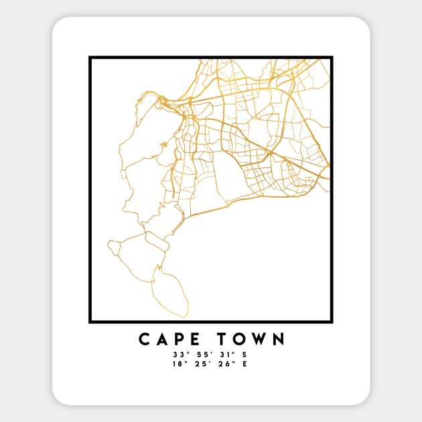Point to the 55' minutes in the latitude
click(200, 354)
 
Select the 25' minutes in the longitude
click(200, 364)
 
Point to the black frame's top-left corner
click(90, 58)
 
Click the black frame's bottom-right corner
click(332, 323)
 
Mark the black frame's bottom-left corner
click(90, 323)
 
